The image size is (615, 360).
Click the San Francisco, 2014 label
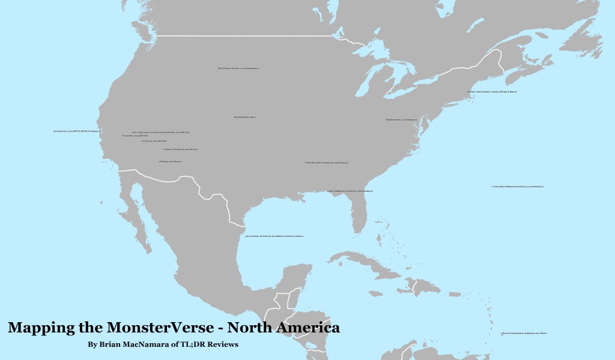(x=77, y=130)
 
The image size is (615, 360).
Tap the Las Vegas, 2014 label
(x=151, y=141)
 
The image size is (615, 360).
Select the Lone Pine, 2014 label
(x=136, y=136)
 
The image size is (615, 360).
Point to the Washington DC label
(x=401, y=120)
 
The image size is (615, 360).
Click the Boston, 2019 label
(x=492, y=91)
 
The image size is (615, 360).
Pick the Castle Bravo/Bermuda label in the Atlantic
(x=518, y=187)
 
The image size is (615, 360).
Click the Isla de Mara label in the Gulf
(x=275, y=237)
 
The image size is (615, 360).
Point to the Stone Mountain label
(x=327, y=162)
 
